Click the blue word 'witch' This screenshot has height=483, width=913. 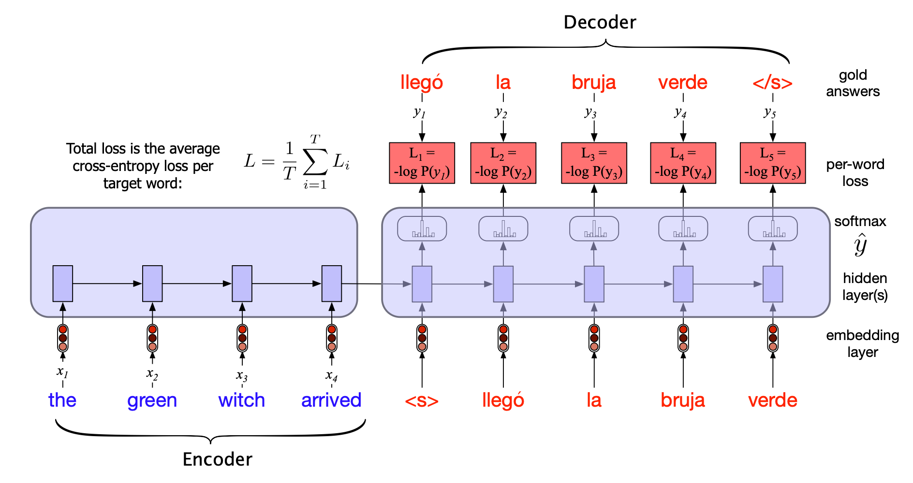tap(241, 400)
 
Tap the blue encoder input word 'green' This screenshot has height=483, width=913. tap(152, 400)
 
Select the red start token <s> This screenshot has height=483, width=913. tap(422, 400)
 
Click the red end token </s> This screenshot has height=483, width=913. tap(772, 83)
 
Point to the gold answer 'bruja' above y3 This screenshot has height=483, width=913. tap(593, 83)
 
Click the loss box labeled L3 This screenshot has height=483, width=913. tap(594, 163)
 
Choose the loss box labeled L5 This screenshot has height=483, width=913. tap(772, 163)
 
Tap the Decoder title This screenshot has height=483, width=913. tap(600, 22)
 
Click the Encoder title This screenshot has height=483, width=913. tap(217, 459)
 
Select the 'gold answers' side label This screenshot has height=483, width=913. tap(853, 83)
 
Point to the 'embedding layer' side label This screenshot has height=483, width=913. tap(862, 343)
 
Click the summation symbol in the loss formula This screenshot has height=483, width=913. tap(315, 162)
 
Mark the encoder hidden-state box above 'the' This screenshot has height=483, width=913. tap(63, 284)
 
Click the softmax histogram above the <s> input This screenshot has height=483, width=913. tap(422, 228)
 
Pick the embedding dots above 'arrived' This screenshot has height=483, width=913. tap(332, 338)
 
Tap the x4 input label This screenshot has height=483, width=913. tap(331, 375)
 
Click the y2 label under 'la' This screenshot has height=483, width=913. tap(501, 113)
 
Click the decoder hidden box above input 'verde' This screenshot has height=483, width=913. tap(772, 284)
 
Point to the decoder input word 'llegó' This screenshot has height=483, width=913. tap(503, 400)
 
